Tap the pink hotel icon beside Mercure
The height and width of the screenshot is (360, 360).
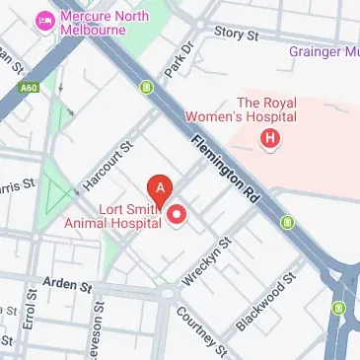(x=42, y=19)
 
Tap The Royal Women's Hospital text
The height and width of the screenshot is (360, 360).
(x=268, y=108)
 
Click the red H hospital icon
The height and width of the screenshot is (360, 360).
(x=269, y=139)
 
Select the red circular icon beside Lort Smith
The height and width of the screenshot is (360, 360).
(x=179, y=215)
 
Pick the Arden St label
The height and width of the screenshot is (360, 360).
(x=67, y=285)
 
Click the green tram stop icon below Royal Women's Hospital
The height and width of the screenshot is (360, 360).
(x=287, y=220)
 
